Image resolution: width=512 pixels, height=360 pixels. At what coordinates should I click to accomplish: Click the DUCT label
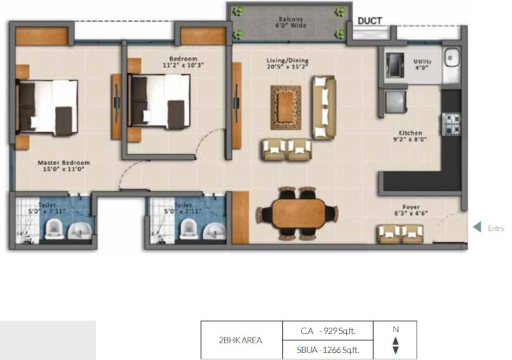370,21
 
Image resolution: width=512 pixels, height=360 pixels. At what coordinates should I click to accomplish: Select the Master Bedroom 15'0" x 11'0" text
63,166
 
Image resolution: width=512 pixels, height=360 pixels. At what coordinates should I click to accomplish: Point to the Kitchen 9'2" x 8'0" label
409,136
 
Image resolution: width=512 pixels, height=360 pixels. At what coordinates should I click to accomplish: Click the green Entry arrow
476,227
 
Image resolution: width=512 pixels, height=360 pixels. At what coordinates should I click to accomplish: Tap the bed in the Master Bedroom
47,106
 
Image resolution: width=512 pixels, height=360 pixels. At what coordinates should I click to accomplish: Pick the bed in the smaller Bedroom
159,102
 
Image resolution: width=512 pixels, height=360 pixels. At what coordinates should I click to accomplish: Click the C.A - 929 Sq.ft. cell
327,331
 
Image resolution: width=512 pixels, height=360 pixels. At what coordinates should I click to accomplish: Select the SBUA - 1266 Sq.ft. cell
327,349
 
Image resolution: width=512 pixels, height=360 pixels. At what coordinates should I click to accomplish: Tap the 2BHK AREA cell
241,340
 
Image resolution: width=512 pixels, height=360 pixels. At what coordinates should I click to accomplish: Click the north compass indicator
395,340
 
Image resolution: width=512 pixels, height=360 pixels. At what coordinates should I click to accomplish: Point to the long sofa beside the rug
324,107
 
